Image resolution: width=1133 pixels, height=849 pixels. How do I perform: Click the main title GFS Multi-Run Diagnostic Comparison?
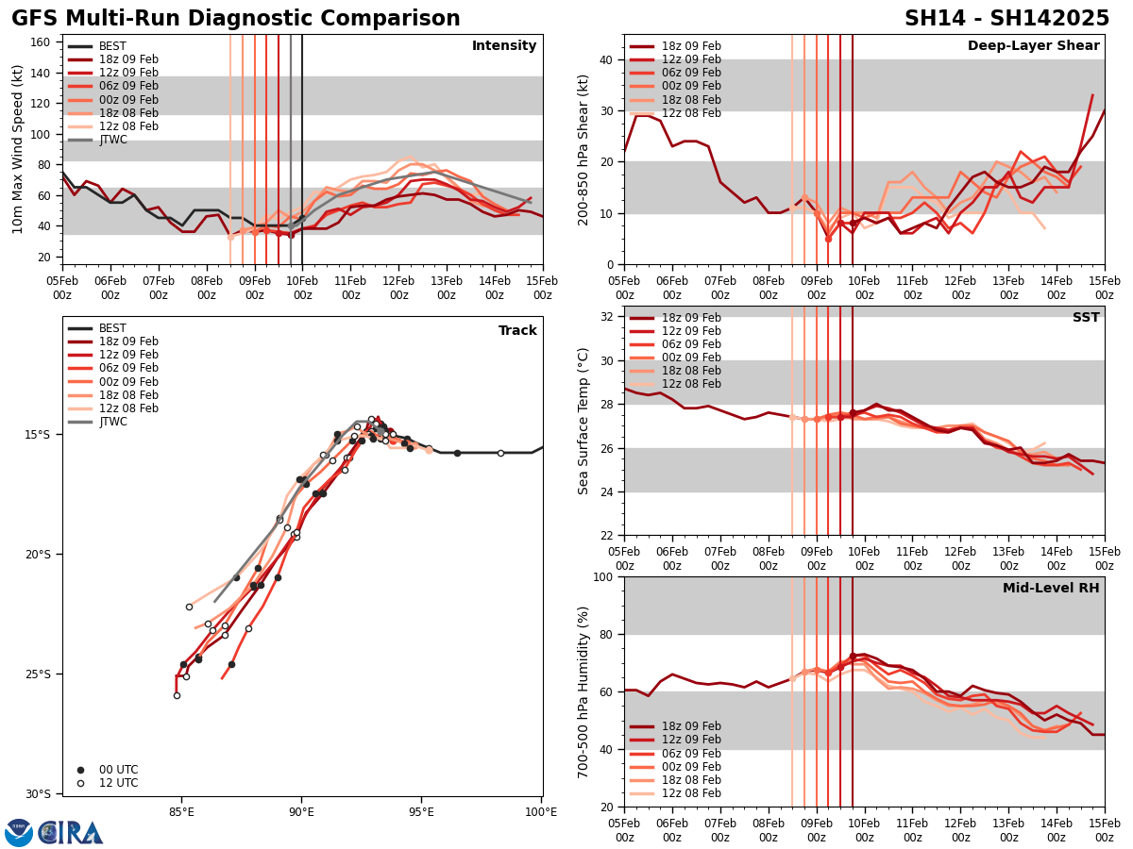pos(236,19)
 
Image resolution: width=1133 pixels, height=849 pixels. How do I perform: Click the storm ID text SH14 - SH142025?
pos(1006,19)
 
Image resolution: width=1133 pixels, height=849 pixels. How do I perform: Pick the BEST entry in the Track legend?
pos(112,328)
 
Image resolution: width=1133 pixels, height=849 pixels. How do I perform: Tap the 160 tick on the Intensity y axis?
pos(44,42)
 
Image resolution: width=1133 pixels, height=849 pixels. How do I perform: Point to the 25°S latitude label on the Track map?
pos(38,674)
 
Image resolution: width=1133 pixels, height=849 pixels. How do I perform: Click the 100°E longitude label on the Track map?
pos(541,810)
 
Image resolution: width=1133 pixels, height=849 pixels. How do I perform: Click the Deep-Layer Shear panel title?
pos(1033,46)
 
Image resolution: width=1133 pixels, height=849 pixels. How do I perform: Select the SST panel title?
pos(1085,318)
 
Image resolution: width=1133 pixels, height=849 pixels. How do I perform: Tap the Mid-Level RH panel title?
pos(1051,589)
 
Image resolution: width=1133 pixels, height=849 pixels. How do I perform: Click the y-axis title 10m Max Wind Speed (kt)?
pos(18,149)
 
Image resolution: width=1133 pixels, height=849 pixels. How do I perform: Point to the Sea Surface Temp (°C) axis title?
pos(583,421)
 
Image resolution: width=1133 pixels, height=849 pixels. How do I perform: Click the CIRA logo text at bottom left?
pos(71,833)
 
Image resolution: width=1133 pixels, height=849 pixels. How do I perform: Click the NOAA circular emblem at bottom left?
pos(19,833)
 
